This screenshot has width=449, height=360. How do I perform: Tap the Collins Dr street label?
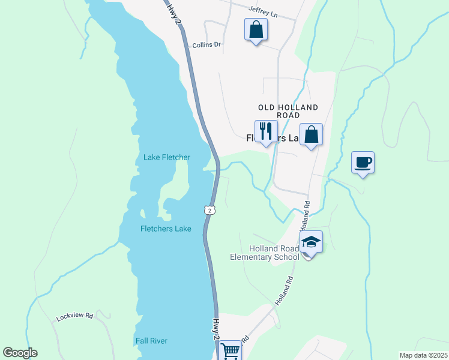click(x=206, y=45)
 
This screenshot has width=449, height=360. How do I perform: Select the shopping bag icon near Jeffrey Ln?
click(x=256, y=29)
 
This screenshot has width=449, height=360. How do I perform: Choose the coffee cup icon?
click(x=363, y=162)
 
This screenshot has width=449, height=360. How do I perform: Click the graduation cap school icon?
click(x=311, y=242)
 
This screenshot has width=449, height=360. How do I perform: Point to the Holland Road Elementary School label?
click(x=265, y=253)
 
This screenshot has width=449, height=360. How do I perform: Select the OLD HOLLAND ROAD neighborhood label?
click(x=288, y=111)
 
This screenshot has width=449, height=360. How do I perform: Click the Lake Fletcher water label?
click(x=166, y=158)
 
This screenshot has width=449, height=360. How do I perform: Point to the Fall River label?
click(x=151, y=341)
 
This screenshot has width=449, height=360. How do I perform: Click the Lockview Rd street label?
click(x=75, y=316)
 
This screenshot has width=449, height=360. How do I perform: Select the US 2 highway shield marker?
click(x=208, y=209)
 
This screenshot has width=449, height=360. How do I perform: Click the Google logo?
click(x=20, y=353)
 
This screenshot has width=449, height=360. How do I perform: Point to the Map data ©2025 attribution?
click(x=423, y=355)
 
